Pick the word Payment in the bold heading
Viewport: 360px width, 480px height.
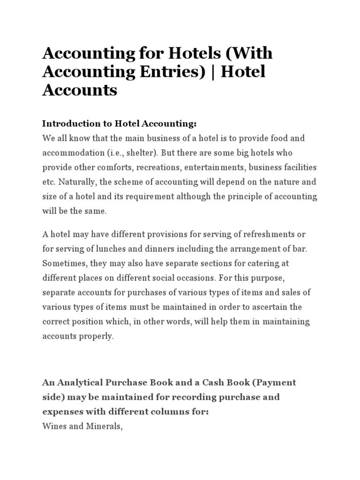275,382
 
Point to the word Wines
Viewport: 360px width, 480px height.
54,426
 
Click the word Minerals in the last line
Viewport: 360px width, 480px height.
104,426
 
